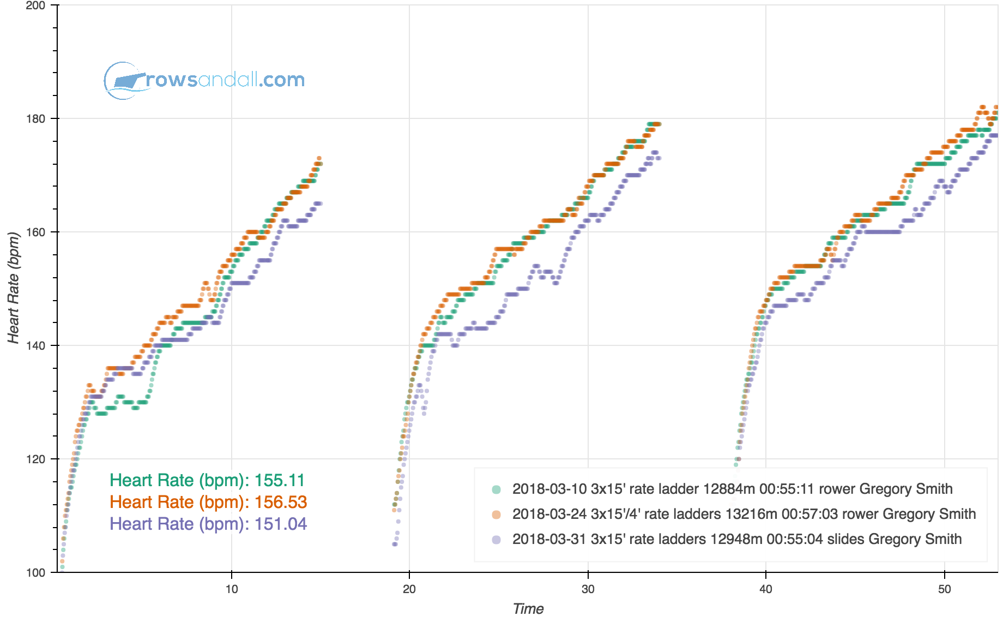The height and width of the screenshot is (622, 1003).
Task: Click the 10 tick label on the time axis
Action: [x=232, y=589]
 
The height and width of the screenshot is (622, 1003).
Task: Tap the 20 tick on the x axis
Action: [x=409, y=589]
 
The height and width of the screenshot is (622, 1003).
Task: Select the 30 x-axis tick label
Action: [x=588, y=589]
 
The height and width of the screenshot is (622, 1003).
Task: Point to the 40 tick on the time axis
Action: [x=766, y=589]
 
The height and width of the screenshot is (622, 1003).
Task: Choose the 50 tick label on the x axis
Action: [x=944, y=589]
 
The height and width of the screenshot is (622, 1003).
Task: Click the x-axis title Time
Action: [x=528, y=609]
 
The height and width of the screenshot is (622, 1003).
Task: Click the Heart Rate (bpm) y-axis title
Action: [x=14, y=288]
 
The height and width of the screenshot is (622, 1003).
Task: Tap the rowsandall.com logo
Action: [x=204, y=80]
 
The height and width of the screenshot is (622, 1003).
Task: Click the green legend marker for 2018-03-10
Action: [x=496, y=489]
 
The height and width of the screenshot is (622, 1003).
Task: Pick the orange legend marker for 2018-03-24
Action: [x=496, y=515]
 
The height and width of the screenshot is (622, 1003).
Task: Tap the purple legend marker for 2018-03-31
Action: [x=496, y=540]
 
